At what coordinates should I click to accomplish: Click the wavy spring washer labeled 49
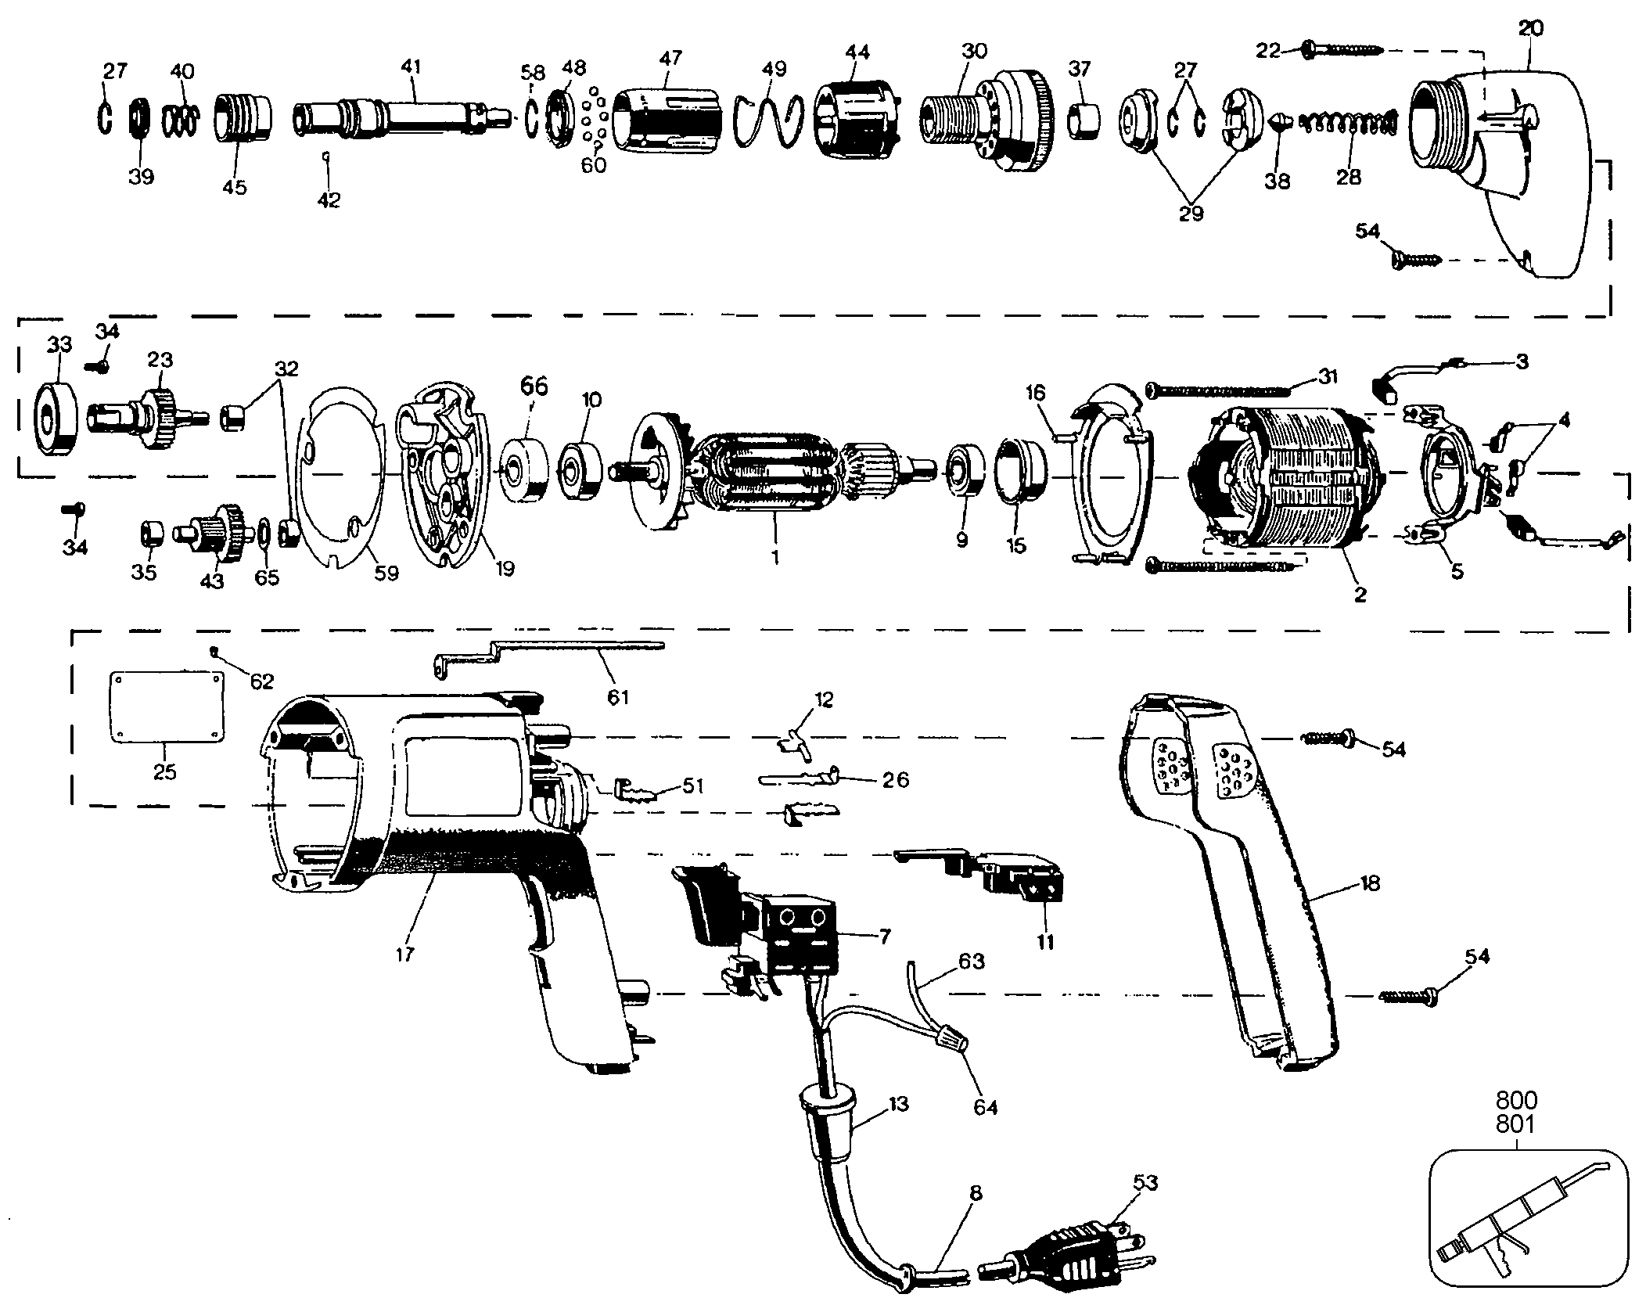770,117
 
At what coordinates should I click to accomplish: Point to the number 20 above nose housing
1531,29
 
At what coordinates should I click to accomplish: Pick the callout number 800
1516,1101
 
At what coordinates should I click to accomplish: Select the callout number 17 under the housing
405,954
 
